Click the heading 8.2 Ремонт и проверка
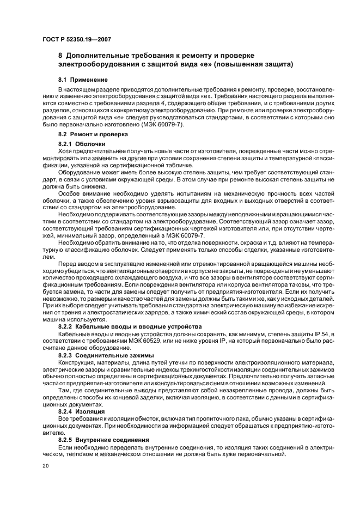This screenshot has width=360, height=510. (93, 133)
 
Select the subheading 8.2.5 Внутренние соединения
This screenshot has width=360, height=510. (101, 439)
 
